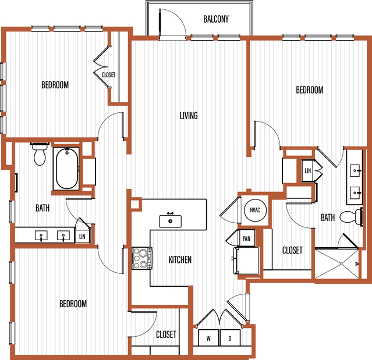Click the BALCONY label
pyautogui.click(x=216, y=19)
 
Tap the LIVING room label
pyautogui.click(x=189, y=116)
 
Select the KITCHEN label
pyautogui.click(x=180, y=260)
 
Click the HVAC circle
pyautogui.click(x=255, y=210)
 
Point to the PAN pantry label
pyautogui.click(x=246, y=238)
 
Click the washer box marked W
pyautogui.click(x=208, y=338)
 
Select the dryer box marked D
pyautogui.click(x=230, y=338)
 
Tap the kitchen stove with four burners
pyautogui.click(x=142, y=258)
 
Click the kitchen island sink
pyautogui.click(x=170, y=221)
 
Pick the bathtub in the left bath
pyautogui.click(x=66, y=169)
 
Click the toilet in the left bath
pyautogui.click(x=40, y=154)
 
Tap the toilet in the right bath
pyautogui.click(x=351, y=216)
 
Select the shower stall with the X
pyautogui.click(x=336, y=263)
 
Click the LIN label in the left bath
pyautogui.click(x=82, y=236)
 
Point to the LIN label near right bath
pyautogui.click(x=308, y=170)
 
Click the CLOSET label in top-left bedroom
pyautogui.click(x=108, y=75)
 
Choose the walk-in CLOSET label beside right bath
pyautogui.click(x=292, y=250)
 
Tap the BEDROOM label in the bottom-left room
pyautogui.click(x=73, y=304)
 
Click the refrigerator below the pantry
pyautogui.click(x=246, y=261)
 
